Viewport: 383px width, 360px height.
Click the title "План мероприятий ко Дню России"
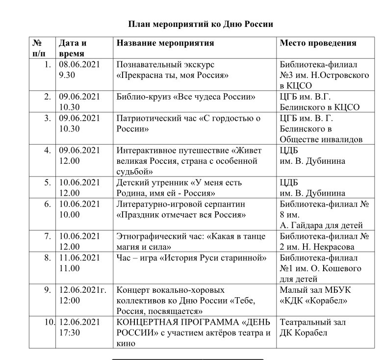200,24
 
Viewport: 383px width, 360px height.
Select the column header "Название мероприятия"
165,43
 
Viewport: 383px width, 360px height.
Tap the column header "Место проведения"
318,43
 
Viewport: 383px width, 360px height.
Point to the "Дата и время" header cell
73,48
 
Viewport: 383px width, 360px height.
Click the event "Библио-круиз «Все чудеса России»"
186,97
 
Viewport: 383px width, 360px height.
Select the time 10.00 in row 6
69,214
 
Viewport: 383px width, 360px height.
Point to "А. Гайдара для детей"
321,225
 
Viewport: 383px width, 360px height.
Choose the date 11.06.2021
79,258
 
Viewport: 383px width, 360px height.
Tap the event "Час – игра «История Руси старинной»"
191,258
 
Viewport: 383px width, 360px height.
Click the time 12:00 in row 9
69,300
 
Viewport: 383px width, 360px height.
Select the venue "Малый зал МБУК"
315,290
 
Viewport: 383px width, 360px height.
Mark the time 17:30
69,333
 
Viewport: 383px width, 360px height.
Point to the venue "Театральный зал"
312,322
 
